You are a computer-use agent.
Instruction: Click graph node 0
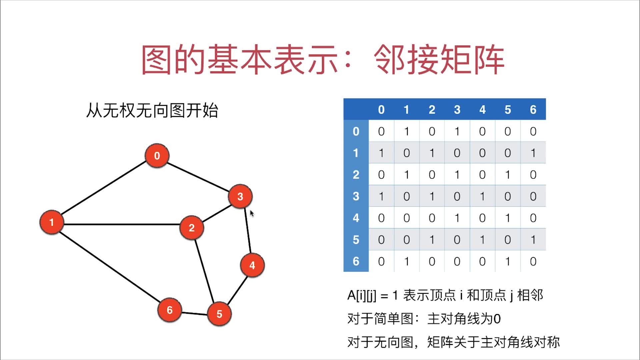click(157, 156)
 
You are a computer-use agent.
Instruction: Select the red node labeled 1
click(52, 222)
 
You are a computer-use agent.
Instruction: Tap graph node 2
click(192, 228)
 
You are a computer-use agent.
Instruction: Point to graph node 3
click(240, 196)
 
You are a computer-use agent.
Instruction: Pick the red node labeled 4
click(252, 265)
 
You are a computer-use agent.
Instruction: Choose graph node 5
click(219, 314)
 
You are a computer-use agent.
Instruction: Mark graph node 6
click(170, 310)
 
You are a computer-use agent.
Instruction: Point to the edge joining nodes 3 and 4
click(248, 231)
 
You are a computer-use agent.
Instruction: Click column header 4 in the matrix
click(482, 110)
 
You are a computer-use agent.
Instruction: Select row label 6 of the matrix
click(356, 261)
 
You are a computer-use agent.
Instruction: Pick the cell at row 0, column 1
click(406, 131)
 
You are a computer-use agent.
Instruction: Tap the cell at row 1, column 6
click(533, 153)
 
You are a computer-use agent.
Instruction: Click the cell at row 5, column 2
click(432, 240)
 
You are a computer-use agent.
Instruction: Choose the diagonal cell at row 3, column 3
click(457, 196)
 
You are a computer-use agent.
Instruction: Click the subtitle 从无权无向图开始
click(152, 110)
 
